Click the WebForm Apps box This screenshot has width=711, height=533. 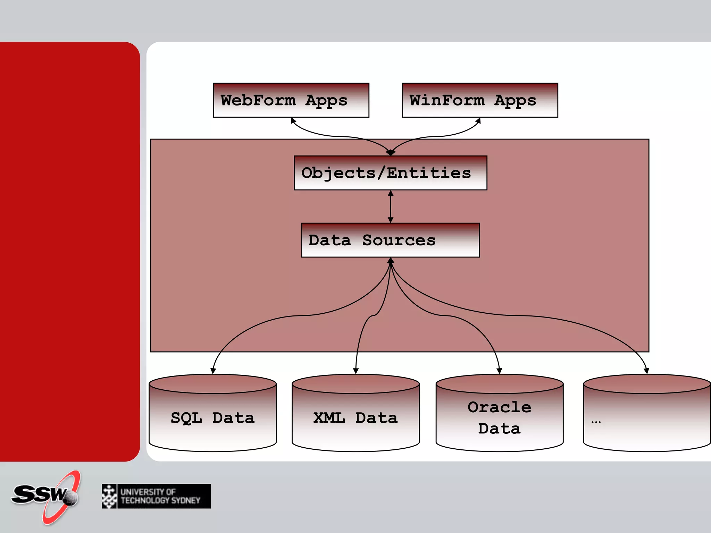point(291,100)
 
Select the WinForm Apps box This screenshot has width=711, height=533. point(480,100)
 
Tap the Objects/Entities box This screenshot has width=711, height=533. point(390,173)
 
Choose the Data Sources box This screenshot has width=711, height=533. point(390,240)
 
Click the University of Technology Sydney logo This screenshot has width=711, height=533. point(156,496)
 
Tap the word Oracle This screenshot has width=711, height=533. point(499,407)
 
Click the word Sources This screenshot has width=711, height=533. point(399,240)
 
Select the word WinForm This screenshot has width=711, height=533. point(447,100)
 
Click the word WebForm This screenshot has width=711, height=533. point(258,100)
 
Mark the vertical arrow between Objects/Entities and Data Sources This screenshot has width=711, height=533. point(391,206)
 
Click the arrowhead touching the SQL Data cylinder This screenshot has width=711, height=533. point(213,371)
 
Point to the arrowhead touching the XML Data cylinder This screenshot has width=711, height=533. point(355,371)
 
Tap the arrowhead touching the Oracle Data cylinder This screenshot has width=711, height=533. point(499,371)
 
